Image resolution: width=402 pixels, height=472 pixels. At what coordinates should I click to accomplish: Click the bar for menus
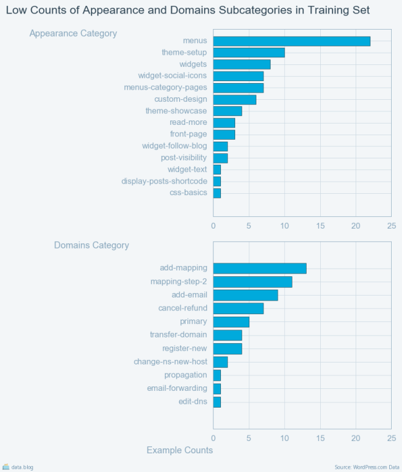coord(292,41)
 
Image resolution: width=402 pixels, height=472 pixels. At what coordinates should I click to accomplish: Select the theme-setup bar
coord(249,53)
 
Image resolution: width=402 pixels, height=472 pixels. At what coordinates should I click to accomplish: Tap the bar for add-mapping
coord(260,268)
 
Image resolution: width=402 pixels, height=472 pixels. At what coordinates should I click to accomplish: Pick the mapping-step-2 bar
coord(253,281)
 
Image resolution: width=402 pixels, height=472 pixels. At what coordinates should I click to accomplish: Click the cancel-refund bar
coord(238,308)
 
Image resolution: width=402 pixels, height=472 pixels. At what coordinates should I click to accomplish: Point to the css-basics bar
coord(217,193)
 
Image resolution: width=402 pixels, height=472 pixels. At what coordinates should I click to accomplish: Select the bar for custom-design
coord(235,99)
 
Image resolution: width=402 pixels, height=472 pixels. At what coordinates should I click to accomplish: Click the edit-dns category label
coord(193,402)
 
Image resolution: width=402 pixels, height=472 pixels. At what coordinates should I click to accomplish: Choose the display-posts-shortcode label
coord(164,182)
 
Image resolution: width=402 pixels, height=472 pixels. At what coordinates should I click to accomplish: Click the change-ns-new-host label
coord(171,362)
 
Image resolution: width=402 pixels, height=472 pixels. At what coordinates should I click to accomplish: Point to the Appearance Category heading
coord(73,33)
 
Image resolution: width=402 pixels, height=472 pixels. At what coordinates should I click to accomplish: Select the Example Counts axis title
coord(180,450)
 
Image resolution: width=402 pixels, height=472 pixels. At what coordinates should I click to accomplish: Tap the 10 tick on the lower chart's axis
coord(284,438)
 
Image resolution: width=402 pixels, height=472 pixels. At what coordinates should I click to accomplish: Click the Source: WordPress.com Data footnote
coord(367,467)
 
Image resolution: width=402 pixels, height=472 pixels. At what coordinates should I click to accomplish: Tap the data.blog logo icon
coord(6,467)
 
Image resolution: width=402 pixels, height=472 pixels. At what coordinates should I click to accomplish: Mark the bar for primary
coord(231,322)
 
